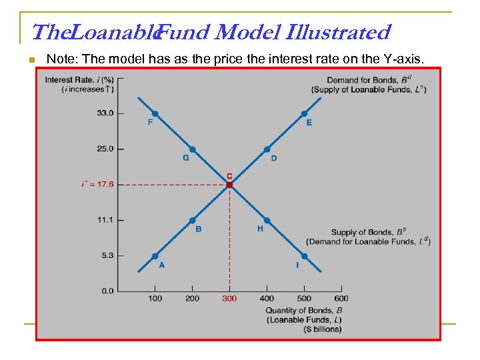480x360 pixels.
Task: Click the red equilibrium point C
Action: click(x=229, y=185)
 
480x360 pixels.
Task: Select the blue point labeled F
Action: click(x=155, y=113)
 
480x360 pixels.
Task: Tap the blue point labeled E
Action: click(x=304, y=113)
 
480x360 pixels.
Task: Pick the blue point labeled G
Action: click(x=192, y=149)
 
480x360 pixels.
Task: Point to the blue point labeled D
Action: click(x=267, y=149)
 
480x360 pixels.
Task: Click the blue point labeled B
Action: click(x=192, y=220)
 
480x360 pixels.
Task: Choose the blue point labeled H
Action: click(x=267, y=220)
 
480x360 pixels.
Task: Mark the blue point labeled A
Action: click(x=155, y=256)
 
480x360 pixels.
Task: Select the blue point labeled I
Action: click(x=304, y=256)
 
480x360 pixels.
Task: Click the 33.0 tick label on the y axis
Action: click(x=106, y=113)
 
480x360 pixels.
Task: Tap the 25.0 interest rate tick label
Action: click(x=106, y=149)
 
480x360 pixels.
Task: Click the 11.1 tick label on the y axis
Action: click(x=106, y=220)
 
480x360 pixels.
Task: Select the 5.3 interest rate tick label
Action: click(x=107, y=255)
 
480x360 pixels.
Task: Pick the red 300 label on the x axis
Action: click(x=229, y=299)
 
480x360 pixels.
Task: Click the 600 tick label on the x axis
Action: click(x=341, y=299)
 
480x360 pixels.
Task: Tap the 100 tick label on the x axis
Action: click(x=155, y=299)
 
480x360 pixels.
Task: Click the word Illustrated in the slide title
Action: click(x=337, y=32)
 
